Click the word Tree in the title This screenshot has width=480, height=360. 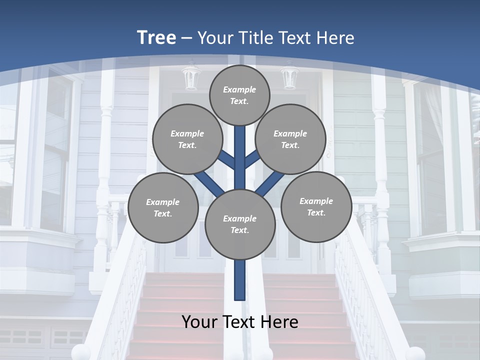[x=156, y=37]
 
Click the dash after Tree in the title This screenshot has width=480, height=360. [x=186, y=38]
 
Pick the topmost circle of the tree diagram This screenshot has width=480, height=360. [x=239, y=95]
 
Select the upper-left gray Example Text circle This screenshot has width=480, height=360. [x=187, y=139]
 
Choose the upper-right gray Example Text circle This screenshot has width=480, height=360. [x=290, y=139]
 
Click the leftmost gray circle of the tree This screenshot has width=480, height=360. [x=162, y=208]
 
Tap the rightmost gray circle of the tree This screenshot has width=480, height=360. [x=316, y=207]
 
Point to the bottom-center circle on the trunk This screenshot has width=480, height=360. [x=240, y=224]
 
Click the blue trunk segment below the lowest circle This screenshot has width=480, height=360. [x=240, y=280]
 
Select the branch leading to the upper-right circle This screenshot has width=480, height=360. [x=253, y=160]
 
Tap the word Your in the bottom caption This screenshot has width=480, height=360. [x=199, y=322]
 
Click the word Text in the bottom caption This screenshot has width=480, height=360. [x=239, y=322]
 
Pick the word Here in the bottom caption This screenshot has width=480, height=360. [x=280, y=322]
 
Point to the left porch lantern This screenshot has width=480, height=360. [x=190, y=78]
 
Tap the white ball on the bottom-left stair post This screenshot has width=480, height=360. [x=80, y=352]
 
